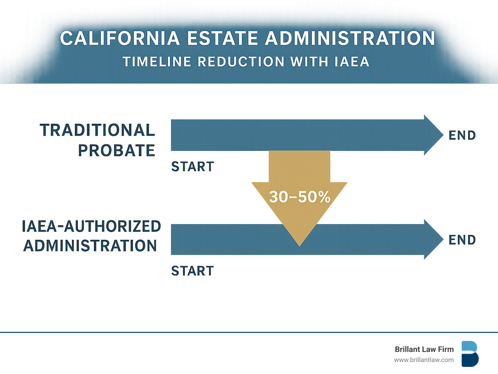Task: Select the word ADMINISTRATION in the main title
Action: (350, 39)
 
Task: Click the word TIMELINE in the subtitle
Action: (157, 62)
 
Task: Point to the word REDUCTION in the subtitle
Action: (241, 62)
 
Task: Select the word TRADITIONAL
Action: (97, 130)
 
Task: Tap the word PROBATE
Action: (116, 151)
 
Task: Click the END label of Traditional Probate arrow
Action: (462, 135)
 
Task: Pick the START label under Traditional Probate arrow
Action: (193, 167)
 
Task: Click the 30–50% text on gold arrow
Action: (300, 197)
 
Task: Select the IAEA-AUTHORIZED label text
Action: (91, 226)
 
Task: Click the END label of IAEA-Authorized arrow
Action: (462, 240)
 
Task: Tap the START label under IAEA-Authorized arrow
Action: (193, 271)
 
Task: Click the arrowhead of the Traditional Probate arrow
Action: (433, 135)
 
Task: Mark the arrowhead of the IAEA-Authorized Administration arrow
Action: (433, 239)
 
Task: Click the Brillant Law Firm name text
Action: (424, 349)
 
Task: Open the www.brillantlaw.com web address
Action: (424, 360)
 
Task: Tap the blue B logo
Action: (470, 354)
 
